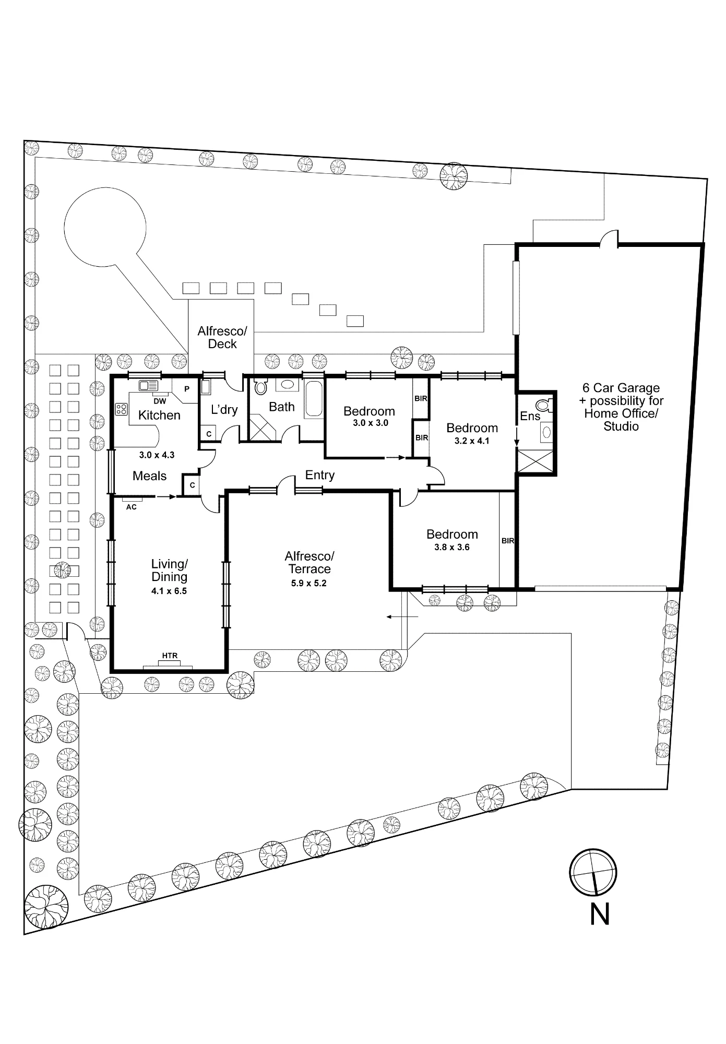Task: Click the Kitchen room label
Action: (x=159, y=415)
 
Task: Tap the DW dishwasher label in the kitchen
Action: (x=160, y=401)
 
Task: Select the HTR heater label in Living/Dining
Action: (x=170, y=656)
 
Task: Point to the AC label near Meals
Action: (x=132, y=507)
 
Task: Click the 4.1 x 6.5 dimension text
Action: (x=169, y=591)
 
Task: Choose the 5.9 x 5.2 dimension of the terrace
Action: (x=309, y=583)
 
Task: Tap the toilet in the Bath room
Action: (x=260, y=387)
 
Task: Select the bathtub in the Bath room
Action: (x=314, y=399)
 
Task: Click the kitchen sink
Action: (x=149, y=386)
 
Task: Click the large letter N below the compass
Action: (x=600, y=915)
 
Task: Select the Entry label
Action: (x=320, y=475)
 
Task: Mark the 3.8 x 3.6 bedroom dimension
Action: (x=452, y=547)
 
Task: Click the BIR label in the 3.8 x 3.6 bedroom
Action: (x=508, y=541)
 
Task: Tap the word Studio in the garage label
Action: (x=621, y=426)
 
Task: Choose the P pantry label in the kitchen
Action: (x=187, y=389)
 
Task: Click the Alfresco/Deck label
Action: (x=222, y=337)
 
